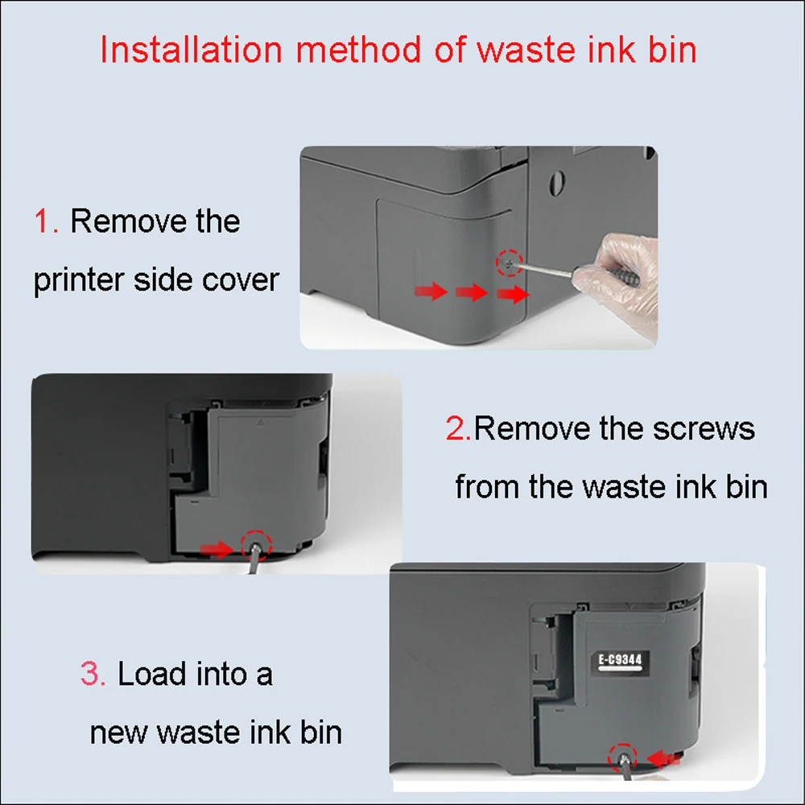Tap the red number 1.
point(45,221)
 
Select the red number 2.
point(457,429)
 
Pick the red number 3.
point(92,674)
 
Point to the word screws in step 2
point(704,429)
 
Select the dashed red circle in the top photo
point(510,262)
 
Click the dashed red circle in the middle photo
point(258,545)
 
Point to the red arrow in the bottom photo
point(664,758)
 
